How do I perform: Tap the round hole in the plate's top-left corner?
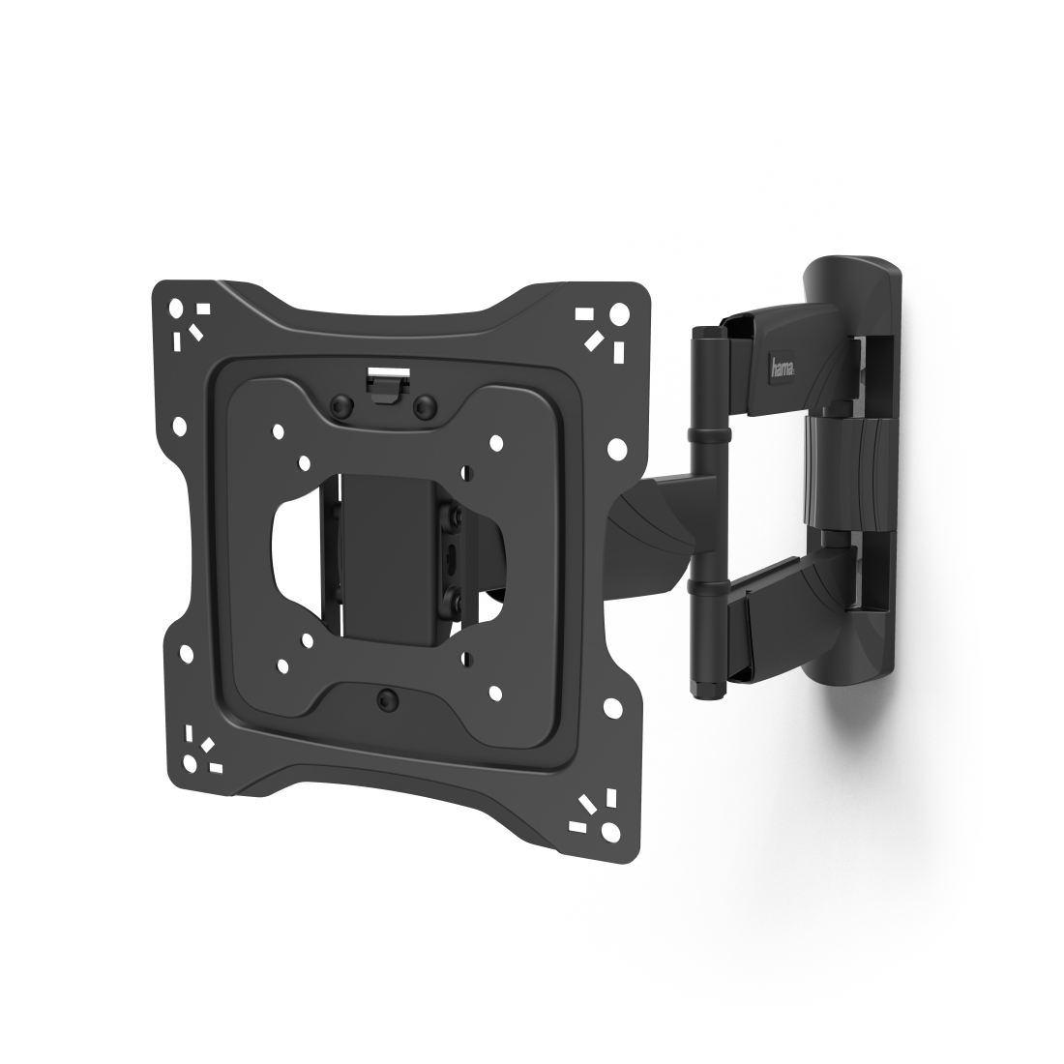click(x=177, y=306)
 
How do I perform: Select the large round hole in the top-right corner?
click(x=619, y=313)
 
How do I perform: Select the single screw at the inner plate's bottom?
click(x=387, y=699)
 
